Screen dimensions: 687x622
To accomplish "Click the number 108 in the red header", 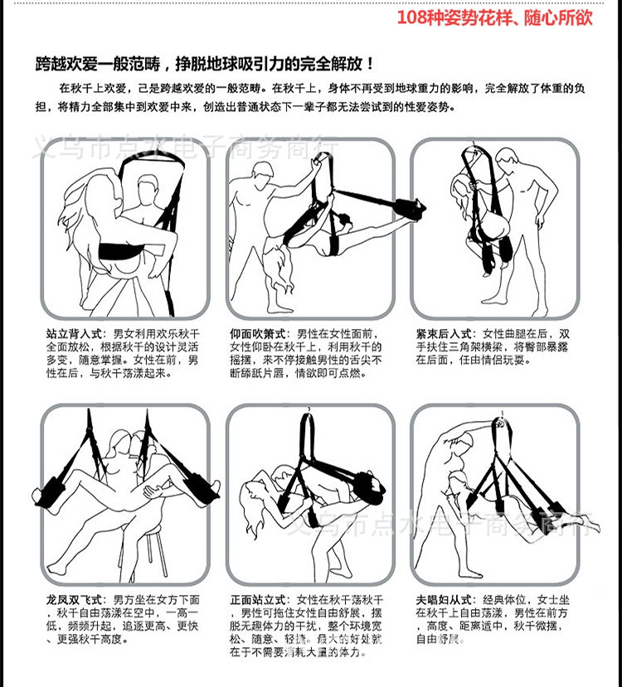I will tap(414, 17).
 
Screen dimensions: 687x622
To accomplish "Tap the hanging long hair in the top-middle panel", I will tap(275, 274).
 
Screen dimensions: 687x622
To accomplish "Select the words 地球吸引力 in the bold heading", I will tap(263, 64).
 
